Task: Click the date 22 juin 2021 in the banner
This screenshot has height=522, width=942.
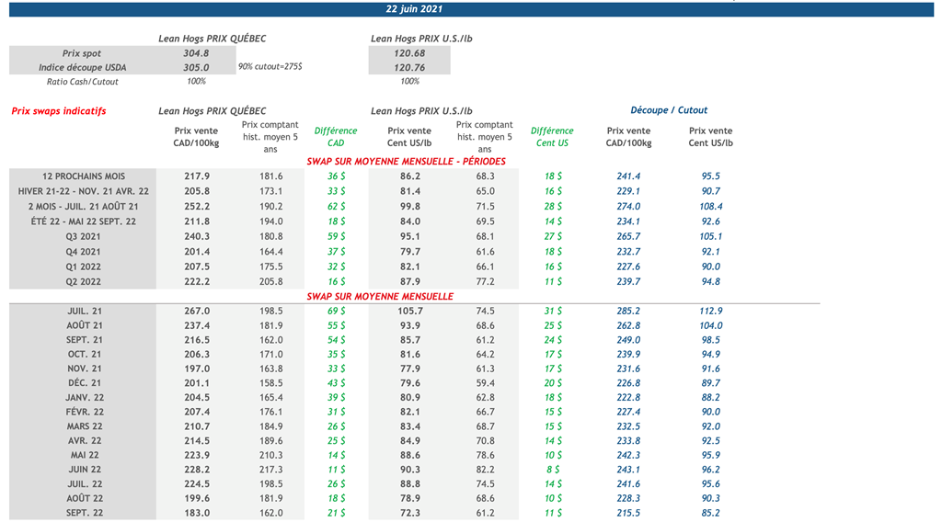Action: tap(414, 9)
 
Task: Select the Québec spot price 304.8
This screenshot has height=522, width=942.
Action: tap(196, 53)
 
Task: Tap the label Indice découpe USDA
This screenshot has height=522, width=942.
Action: tap(83, 67)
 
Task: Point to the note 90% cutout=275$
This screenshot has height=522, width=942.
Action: tap(270, 67)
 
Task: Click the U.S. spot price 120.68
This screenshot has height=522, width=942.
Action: tap(408, 53)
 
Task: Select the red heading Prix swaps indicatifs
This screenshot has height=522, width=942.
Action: tap(59, 111)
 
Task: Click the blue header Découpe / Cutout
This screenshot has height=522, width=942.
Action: tap(669, 110)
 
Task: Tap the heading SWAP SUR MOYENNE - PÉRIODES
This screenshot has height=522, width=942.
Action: tap(406, 162)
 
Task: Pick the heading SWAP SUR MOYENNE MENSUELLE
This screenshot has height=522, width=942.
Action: tap(379, 297)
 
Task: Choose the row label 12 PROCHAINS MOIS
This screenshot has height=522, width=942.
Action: tap(84, 176)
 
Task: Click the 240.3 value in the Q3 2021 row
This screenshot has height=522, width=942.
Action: tap(197, 237)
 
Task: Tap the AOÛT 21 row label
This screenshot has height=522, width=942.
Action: tap(85, 326)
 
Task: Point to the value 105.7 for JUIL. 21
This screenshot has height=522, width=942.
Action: tap(408, 312)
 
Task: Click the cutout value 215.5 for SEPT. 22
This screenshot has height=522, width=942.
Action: tap(628, 513)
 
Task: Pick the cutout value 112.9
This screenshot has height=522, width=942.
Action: tap(711, 312)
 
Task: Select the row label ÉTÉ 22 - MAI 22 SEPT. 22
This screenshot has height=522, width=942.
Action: tap(84, 221)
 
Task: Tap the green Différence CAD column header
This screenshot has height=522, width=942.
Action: tap(336, 137)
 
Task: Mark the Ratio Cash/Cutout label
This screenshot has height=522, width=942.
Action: tap(83, 82)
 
